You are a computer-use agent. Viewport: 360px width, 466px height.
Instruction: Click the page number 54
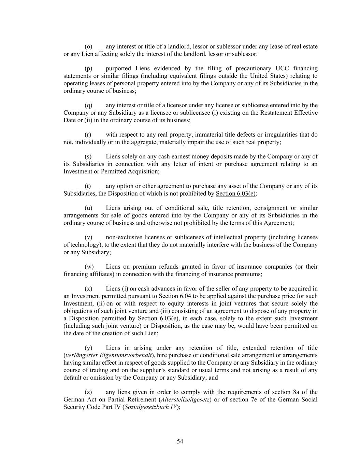point(180,441)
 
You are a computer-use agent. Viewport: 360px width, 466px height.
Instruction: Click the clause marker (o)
point(88,46)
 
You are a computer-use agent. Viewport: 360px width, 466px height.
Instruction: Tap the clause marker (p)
point(88,68)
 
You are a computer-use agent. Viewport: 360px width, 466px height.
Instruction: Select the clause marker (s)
point(88,156)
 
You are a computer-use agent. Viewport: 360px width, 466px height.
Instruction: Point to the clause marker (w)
point(89,267)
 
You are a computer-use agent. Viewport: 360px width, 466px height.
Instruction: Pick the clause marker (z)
point(88,392)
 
